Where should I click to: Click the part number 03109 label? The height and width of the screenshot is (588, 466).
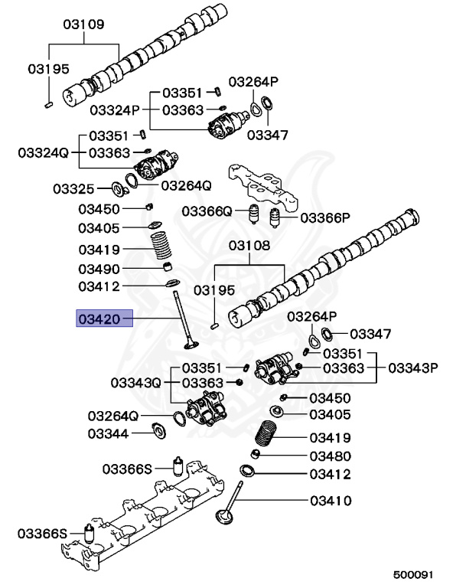[x=83, y=24]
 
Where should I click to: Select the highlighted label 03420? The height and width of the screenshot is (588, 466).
[x=103, y=318]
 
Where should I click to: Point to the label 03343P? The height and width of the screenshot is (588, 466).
[x=413, y=367]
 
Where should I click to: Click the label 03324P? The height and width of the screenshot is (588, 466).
[x=113, y=109]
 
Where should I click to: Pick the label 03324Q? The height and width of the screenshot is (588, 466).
[x=44, y=152]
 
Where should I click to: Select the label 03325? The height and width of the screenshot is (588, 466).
[x=73, y=188]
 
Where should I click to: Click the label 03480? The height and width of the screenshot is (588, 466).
[x=330, y=456]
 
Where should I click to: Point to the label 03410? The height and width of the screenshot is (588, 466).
[x=330, y=501]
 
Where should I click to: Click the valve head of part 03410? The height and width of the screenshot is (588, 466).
[x=224, y=518]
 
